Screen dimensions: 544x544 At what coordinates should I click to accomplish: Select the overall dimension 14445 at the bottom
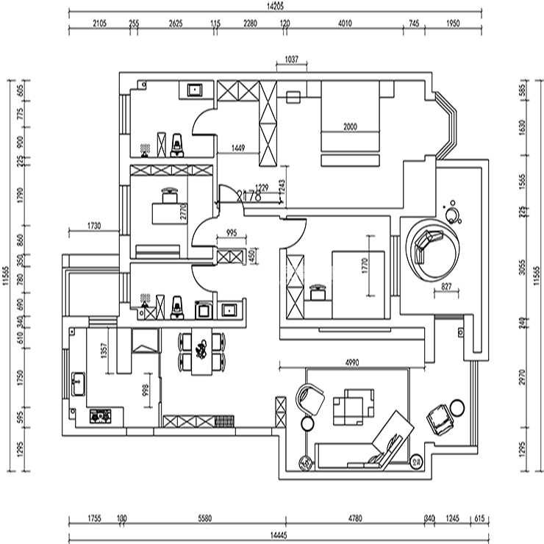pos(278,534)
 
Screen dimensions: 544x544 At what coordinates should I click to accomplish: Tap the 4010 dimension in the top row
pos(345,24)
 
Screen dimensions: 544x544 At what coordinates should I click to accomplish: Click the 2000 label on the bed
pos(350,127)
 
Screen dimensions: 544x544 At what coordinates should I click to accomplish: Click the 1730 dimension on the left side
pos(93,226)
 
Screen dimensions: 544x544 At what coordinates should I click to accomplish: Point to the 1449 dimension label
pos(237,148)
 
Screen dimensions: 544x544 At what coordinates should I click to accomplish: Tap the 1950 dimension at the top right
pos(453,24)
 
